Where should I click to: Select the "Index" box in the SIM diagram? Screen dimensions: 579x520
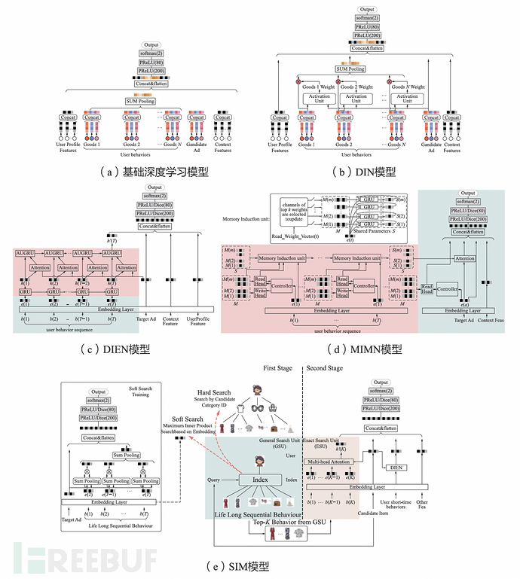tap(257, 480)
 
